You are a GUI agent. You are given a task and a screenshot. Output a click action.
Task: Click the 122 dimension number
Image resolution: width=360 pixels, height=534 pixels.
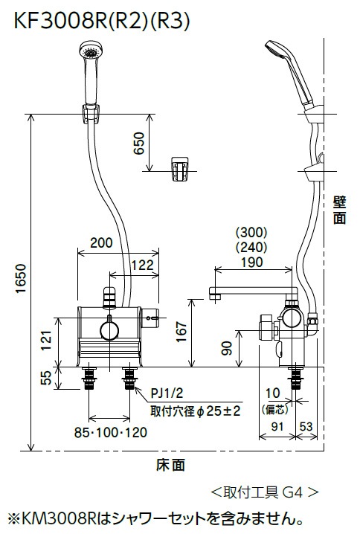138,264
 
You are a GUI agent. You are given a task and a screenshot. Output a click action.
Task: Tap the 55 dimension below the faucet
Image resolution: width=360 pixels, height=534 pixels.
46,378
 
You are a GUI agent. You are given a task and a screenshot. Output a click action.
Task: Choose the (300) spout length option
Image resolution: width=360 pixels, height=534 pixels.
251,231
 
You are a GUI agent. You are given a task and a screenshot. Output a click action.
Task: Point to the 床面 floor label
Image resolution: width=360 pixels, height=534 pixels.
170,466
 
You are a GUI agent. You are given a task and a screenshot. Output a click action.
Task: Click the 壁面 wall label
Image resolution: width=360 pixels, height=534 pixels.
339,210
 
